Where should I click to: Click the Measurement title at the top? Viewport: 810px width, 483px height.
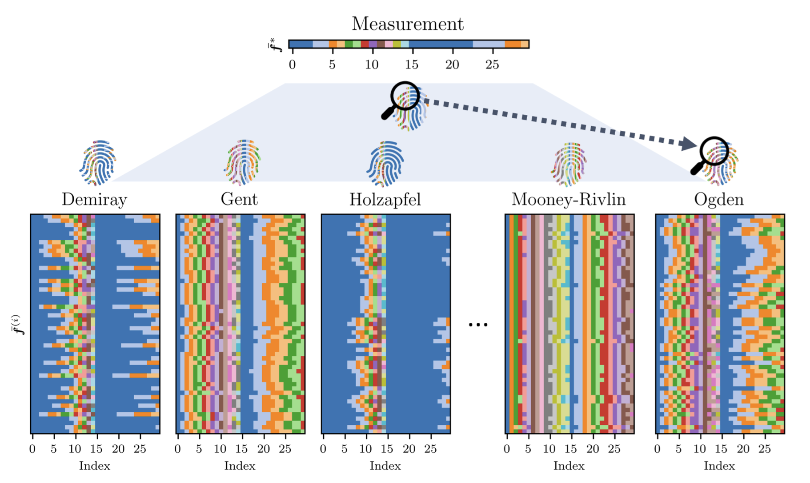(407, 24)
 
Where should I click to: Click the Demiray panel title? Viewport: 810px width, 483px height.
(94, 200)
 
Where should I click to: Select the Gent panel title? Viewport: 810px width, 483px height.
(239, 199)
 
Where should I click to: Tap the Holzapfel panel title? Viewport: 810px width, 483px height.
(385, 200)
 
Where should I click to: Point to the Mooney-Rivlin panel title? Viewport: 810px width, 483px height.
(569, 200)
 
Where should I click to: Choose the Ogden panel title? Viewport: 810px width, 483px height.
(719, 200)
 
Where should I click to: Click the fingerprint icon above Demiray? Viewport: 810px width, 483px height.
(98, 162)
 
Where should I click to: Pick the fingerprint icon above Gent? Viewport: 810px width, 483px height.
(242, 162)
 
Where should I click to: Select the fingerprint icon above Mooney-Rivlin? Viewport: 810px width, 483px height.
(569, 164)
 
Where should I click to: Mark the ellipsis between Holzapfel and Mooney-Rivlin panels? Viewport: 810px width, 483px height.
(478, 325)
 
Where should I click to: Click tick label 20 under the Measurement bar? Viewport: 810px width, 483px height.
(452, 65)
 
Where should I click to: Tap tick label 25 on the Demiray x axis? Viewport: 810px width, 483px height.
(140, 449)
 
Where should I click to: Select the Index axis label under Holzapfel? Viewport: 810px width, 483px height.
(385, 466)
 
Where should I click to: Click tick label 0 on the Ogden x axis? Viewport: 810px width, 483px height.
(658, 449)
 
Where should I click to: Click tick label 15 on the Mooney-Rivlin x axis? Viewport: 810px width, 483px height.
(571, 449)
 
